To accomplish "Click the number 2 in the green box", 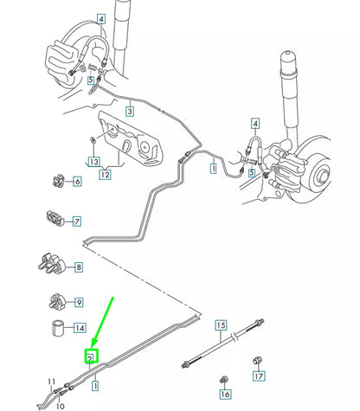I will [x=90, y=356].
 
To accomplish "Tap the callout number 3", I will [x=129, y=112].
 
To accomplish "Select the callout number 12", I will [x=104, y=176].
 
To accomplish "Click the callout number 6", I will [x=77, y=182].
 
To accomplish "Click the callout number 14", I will [x=80, y=329].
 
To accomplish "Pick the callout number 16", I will [x=226, y=394].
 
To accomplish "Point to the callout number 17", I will [x=259, y=376].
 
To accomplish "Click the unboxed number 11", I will [x=51, y=382].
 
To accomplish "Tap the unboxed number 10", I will [x=60, y=404].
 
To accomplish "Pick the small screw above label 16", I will [x=225, y=379].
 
